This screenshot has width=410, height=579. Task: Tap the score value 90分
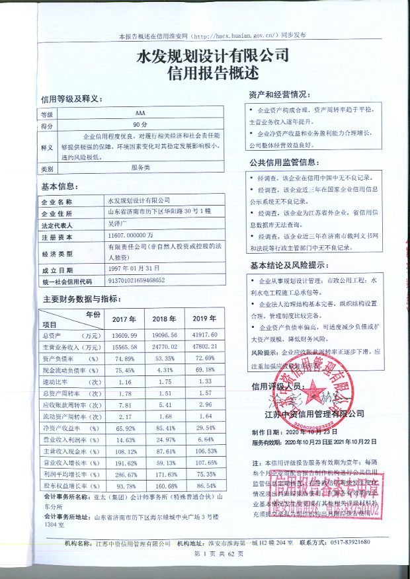pyautogui.click(x=139, y=124)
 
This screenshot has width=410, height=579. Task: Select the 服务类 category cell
pyautogui.click(x=140, y=168)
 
